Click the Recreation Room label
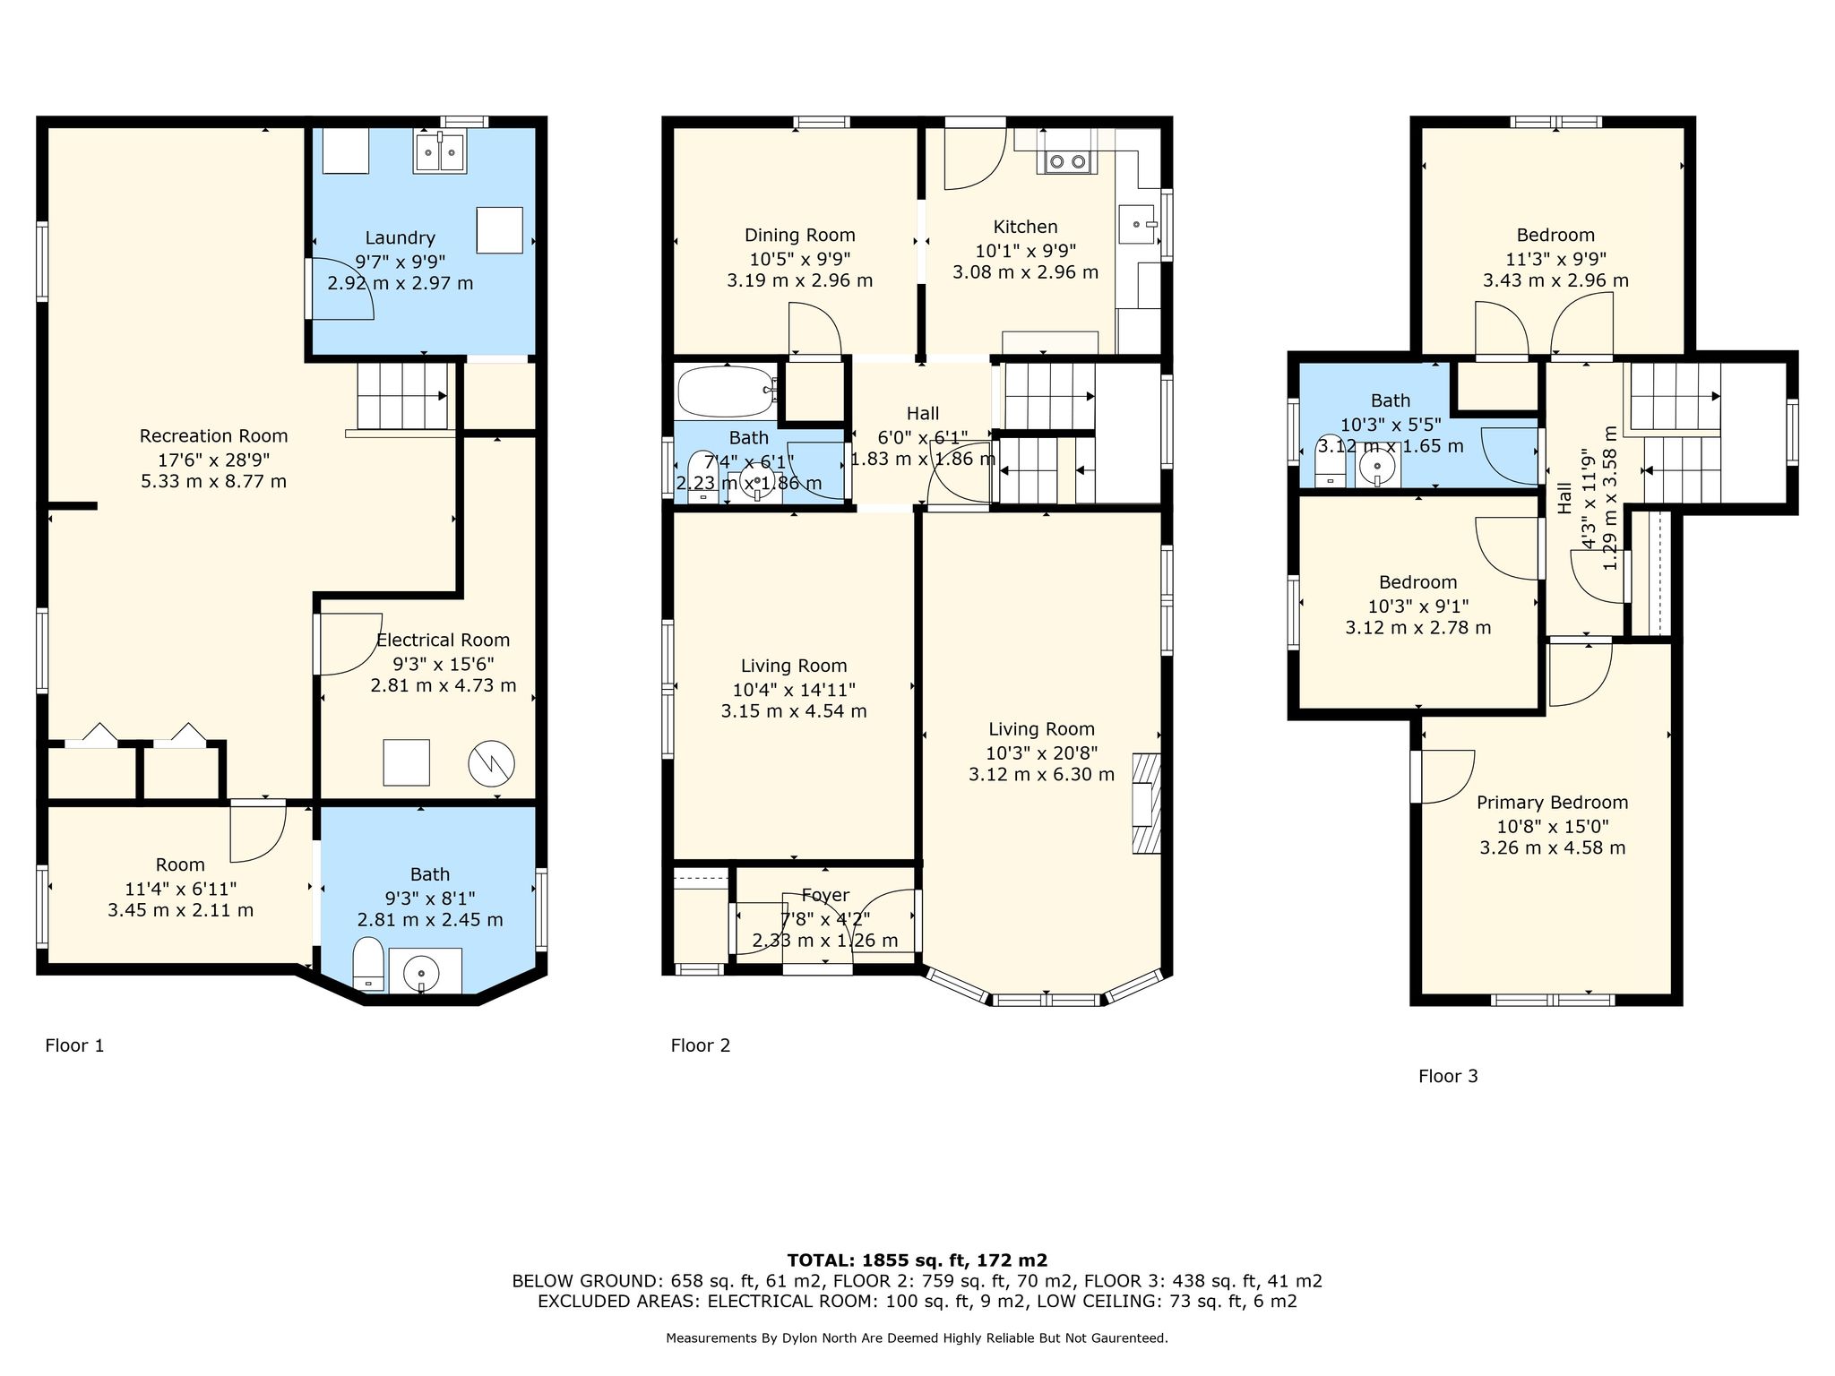(x=213, y=436)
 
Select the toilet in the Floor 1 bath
(x=368, y=965)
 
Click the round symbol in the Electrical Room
(x=491, y=763)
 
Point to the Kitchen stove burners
(x=1066, y=161)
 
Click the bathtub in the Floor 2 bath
(x=727, y=391)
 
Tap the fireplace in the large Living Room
(x=1146, y=803)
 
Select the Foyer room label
(x=825, y=895)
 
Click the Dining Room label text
(x=800, y=235)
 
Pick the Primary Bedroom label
(x=1553, y=803)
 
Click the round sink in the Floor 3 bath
(x=1377, y=466)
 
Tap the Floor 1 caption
(x=74, y=1045)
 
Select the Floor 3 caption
(x=1448, y=1076)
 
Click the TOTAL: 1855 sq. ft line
(x=917, y=1260)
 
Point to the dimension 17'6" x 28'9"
(x=214, y=459)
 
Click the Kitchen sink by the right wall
(x=1136, y=224)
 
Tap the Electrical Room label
(x=443, y=641)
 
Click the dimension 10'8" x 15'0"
(x=1553, y=826)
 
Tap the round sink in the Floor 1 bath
(x=421, y=971)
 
